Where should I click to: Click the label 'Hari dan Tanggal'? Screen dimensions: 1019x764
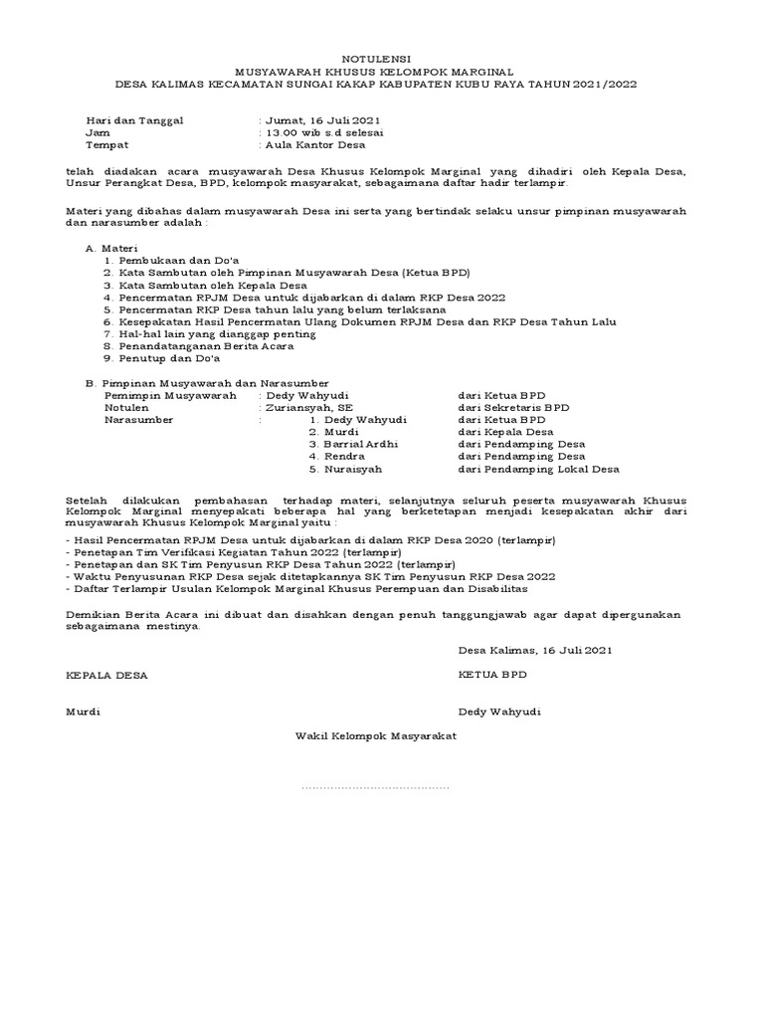coord(134,120)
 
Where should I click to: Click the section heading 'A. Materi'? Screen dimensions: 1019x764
coord(111,247)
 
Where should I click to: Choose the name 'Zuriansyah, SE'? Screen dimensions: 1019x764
coord(302,407)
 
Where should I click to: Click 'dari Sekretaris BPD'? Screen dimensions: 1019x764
coord(513,407)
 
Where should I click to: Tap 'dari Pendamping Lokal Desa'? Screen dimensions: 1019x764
coord(538,468)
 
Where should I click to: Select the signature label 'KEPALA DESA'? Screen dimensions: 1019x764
coord(106,675)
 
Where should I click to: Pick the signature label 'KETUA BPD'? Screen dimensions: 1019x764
coord(492,675)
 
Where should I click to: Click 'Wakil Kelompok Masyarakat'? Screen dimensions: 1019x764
coord(375,736)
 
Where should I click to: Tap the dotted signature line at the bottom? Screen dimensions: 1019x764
coord(375,787)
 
